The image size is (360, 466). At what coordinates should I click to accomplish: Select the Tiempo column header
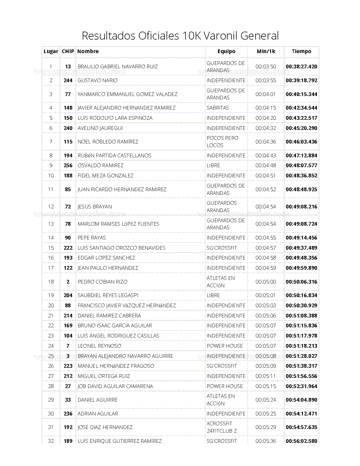[301, 51]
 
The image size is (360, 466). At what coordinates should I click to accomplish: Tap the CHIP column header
[68, 51]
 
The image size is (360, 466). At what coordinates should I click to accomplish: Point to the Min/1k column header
[266, 51]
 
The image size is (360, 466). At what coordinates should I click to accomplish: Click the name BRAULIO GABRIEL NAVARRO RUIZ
[117, 67]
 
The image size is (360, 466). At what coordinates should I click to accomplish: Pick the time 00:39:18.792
[301, 80]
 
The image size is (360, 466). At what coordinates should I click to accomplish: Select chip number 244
[68, 80]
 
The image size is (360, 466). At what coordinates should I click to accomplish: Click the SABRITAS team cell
[218, 108]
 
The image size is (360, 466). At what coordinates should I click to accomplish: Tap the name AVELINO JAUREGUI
[100, 128]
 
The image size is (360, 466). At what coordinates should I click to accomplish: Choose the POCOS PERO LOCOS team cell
[222, 141]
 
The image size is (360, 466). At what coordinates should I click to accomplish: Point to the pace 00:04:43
[266, 156]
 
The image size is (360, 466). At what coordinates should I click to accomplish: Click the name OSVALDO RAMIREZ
[101, 166]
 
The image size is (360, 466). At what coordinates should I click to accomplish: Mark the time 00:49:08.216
[301, 207]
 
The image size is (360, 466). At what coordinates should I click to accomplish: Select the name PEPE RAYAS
[92, 238]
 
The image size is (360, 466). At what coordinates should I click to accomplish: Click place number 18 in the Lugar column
[51, 282]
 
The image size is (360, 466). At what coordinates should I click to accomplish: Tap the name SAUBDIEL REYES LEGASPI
[108, 295]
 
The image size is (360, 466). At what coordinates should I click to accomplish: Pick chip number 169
[68, 326]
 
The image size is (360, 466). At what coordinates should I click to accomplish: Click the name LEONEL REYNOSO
[99, 346]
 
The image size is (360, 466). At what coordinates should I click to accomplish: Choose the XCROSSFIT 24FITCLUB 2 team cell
[222, 427]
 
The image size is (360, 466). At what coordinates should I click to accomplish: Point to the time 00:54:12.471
[301, 414]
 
